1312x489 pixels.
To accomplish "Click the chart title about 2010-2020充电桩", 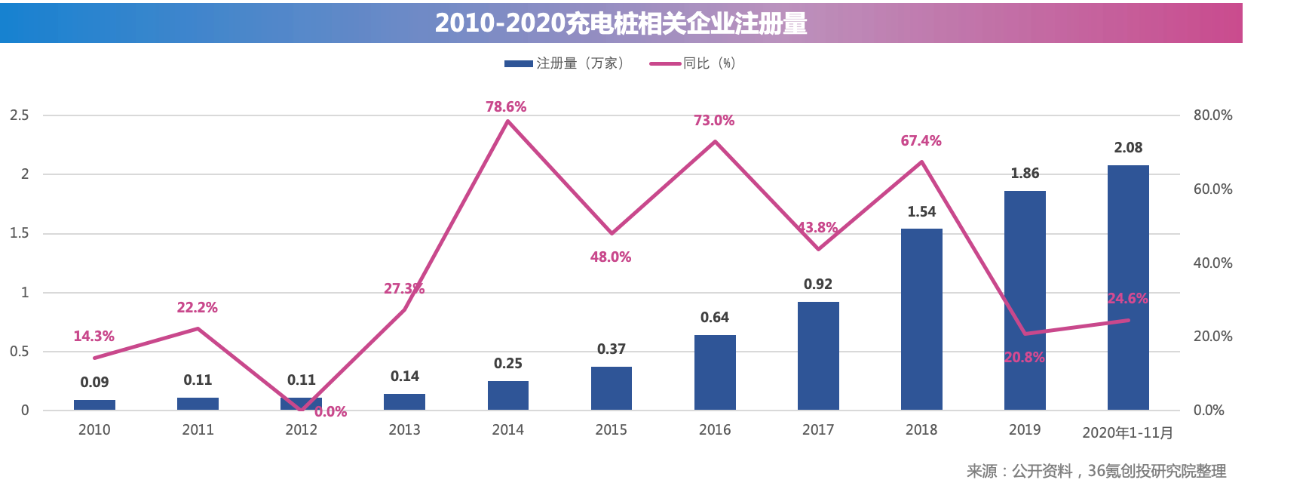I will [621, 23].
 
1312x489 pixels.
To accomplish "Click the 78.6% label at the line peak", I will [506, 107].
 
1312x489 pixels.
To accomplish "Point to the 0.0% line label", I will [330, 412].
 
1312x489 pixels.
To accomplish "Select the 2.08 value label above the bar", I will [1128, 148].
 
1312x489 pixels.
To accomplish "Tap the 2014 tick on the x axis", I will [507, 430].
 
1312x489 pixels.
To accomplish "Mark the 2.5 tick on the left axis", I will [20, 115].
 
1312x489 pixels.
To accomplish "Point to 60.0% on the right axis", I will [1212, 189].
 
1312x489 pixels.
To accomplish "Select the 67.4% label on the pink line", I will [921, 141].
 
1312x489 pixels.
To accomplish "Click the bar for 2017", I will [818, 355].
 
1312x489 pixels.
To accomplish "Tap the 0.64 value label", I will [715, 318].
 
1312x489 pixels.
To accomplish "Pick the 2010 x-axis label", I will [94, 430].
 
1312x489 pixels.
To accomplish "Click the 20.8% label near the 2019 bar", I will [1024, 358].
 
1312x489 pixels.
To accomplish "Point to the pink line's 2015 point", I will [612, 233].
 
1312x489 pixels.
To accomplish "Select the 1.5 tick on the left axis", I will [20, 233].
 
